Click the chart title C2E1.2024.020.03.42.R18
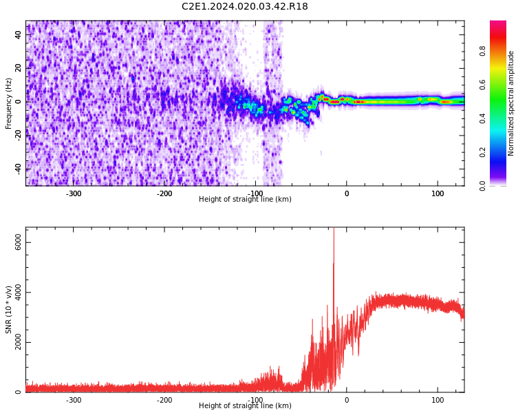pyautogui.click(x=245, y=7)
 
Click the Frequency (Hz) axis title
pyautogui.click(x=9, y=103)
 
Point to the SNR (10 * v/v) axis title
pyautogui.click(x=9, y=310)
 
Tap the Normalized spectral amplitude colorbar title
pyautogui.click(x=511, y=103)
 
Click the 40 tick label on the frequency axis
pyautogui.click(x=19, y=34)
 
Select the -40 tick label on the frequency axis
pyautogui.click(x=17, y=169)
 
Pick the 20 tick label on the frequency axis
pyautogui.click(x=19, y=68)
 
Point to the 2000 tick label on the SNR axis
pyautogui.click(x=19, y=343)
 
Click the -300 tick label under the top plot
pyautogui.click(x=74, y=193)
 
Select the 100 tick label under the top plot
pyautogui.click(x=438, y=193)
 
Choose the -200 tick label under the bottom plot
pyautogui.click(x=164, y=400)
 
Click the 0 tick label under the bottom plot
pyautogui.click(x=347, y=400)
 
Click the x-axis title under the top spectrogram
pyautogui.click(x=245, y=200)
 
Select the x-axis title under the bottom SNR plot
pyautogui.click(x=245, y=406)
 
